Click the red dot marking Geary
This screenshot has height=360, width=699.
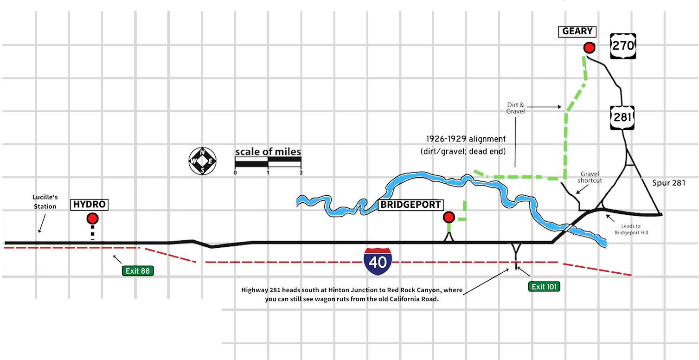click(x=589, y=48)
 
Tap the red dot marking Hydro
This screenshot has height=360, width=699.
click(x=92, y=219)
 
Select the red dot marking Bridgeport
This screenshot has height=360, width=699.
click(x=449, y=217)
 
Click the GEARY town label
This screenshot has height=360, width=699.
click(x=577, y=32)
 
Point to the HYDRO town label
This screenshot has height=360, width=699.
click(x=90, y=205)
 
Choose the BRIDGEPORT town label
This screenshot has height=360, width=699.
click(x=410, y=205)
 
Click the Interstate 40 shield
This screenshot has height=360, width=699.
click(x=378, y=262)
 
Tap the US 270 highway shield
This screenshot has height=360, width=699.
click(x=623, y=45)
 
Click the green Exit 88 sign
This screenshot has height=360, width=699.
click(x=138, y=270)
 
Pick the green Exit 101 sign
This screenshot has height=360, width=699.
click(x=544, y=286)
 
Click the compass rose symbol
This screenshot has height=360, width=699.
click(x=203, y=161)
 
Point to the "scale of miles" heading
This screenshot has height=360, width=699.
click(x=268, y=152)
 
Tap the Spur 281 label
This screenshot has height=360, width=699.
click(x=668, y=183)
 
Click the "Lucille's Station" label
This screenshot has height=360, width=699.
click(x=45, y=202)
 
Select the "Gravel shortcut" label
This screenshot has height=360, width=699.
click(x=589, y=177)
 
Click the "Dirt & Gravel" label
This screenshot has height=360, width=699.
click(x=515, y=108)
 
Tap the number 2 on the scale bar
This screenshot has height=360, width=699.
click(x=301, y=173)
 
